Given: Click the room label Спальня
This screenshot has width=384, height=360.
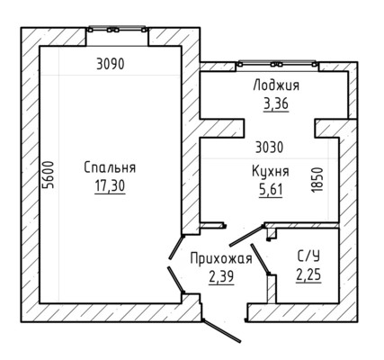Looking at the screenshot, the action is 110,167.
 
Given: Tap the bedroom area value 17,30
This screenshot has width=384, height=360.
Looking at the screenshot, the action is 110,186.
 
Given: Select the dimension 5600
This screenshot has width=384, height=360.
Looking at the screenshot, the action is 48,175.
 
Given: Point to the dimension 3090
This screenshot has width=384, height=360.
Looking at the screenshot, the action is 111,64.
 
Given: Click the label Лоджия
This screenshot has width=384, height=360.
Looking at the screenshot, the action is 276,85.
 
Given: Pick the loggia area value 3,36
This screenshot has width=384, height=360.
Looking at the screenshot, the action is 276,104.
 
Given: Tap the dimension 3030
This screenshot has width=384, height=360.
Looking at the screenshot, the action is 270,148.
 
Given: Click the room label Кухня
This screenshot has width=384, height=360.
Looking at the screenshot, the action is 271,172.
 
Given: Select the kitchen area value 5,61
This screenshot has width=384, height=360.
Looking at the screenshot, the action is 271,190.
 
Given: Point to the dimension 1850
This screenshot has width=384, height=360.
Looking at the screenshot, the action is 317,180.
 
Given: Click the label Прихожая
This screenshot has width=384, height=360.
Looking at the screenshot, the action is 221,258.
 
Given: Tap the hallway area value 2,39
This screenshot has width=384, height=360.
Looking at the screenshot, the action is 221,276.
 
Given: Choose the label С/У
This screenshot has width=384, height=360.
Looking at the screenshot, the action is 308,256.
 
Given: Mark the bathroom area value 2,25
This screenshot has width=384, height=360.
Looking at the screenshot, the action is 308,274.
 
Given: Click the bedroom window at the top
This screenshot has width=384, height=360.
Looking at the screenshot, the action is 118,29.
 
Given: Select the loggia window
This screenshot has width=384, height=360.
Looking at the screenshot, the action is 277,63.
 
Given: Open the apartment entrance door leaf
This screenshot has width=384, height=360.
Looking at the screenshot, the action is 221,331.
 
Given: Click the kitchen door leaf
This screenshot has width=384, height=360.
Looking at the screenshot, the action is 246,236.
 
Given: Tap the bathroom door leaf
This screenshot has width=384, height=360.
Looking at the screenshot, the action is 261,259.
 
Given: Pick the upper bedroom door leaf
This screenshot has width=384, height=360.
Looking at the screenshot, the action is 176,247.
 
